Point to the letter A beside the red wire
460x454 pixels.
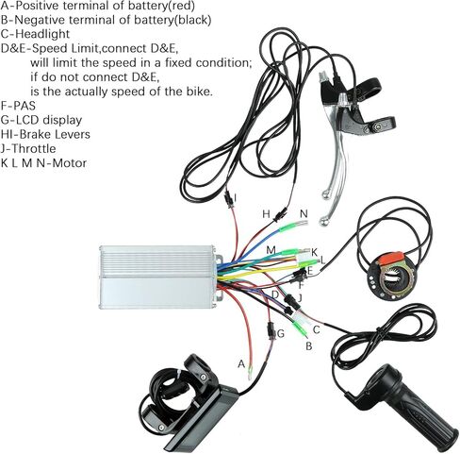[x=241, y=363]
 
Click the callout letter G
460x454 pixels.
[x=281, y=333]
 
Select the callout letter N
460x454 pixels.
[x=304, y=214]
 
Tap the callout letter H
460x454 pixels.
[x=266, y=214]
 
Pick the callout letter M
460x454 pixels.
[x=271, y=250]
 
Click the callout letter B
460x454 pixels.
[x=309, y=346]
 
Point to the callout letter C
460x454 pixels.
[x=317, y=329]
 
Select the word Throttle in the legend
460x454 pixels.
[x=34, y=148]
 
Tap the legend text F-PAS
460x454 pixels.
[x=18, y=106]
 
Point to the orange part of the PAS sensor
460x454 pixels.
[x=390, y=258]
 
